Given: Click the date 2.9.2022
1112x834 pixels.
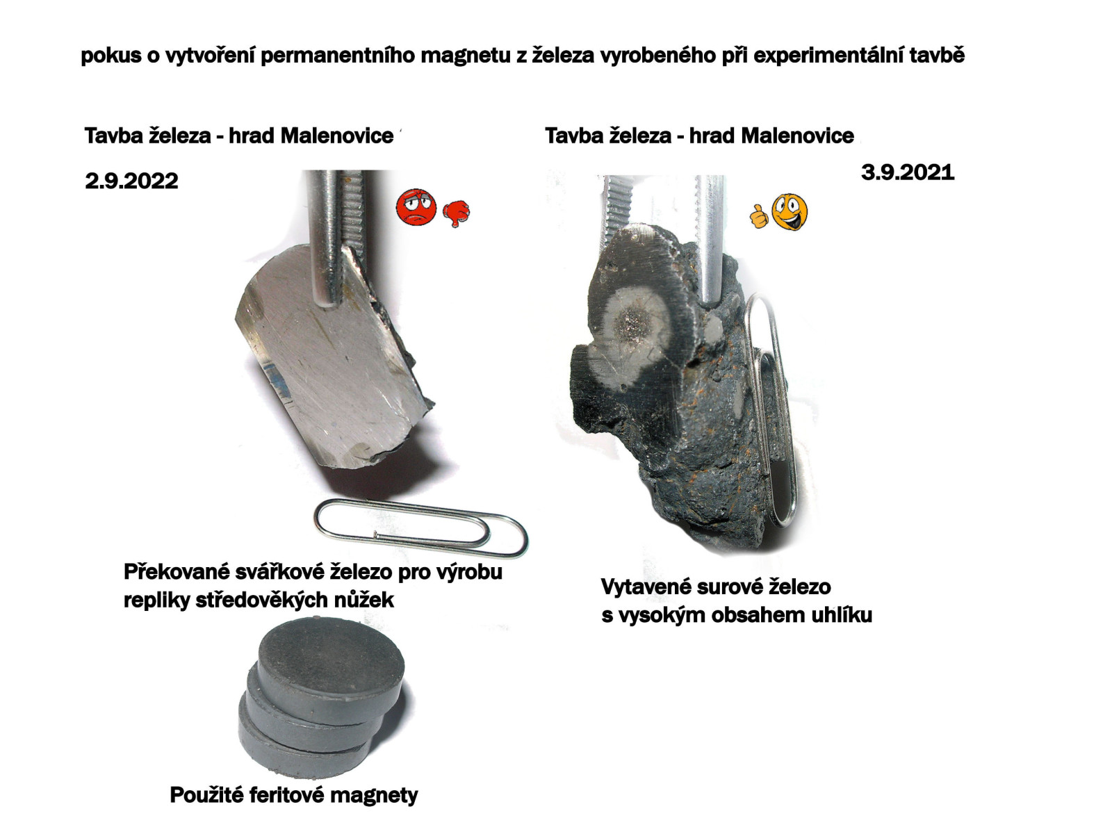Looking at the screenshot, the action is [131, 181].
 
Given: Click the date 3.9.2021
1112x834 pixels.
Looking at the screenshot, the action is [907, 172].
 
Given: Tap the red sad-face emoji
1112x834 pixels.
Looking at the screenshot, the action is [416, 207].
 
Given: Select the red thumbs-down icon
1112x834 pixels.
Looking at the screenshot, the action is [456, 213].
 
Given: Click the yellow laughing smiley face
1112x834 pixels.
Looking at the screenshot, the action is [789, 212].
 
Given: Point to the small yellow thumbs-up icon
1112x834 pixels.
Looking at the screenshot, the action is [758, 216].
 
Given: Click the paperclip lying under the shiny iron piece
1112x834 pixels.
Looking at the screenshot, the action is [420, 528].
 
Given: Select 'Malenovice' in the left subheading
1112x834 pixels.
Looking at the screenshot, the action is [337, 136].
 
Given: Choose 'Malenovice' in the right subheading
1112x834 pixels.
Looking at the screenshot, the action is [797, 136].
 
